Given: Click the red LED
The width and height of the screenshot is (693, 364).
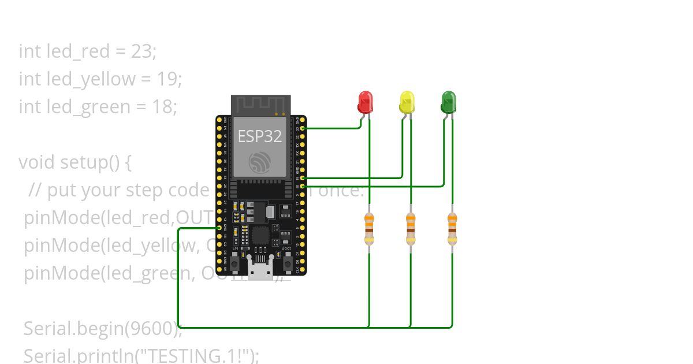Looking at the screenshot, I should click(365, 102).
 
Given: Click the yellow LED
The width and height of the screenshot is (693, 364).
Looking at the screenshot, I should click(407, 102).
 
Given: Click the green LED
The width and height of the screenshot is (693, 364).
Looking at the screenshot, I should click(448, 102).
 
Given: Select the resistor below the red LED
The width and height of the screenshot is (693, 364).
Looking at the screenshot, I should click(369, 228).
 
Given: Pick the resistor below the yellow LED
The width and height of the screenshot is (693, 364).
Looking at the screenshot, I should click(411, 228).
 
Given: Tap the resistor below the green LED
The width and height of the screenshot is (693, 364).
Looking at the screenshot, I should click(452, 228).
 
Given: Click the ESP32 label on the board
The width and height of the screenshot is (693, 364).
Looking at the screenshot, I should click(260, 136).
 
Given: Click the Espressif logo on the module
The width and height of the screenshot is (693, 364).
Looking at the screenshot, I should click(260, 162).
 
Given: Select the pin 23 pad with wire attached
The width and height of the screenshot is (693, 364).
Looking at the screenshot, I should click(303, 128).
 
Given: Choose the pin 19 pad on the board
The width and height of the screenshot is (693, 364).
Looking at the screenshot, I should click(303, 179).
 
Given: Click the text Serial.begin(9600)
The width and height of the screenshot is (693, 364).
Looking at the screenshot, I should click(102, 329).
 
